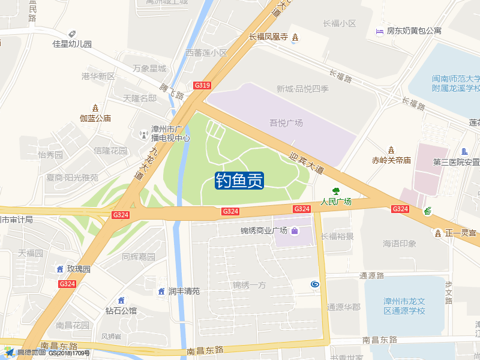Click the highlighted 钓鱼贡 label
point(240,180)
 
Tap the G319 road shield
point(202,86)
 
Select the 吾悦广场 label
point(286,123)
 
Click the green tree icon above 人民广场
point(336,191)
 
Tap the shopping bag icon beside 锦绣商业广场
point(295,231)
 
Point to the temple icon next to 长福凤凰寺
point(295,37)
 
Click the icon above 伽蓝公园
point(95,108)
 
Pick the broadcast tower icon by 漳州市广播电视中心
point(143,134)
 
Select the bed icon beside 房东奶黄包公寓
point(379,31)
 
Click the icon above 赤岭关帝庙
point(391,149)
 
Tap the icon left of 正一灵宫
point(437,232)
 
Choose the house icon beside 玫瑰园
point(60,269)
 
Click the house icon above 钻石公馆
point(121,300)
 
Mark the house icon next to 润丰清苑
point(161,291)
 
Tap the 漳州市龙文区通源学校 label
point(404,306)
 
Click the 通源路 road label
point(371,276)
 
